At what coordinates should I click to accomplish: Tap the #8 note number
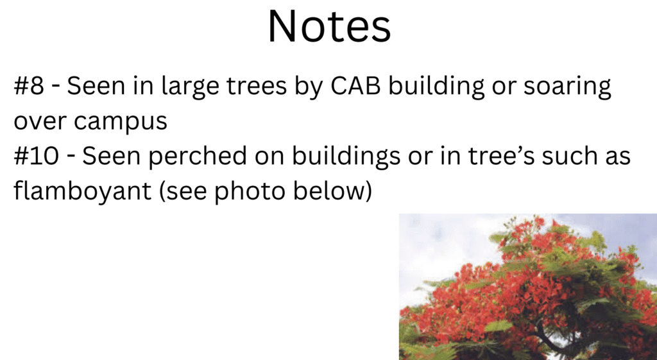click(x=29, y=85)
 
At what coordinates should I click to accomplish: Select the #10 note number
click(x=37, y=155)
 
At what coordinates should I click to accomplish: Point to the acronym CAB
click(x=355, y=85)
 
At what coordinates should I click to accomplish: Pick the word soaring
click(x=567, y=87)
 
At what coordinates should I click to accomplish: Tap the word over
click(x=40, y=121)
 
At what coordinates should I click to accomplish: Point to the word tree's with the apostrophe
click(x=501, y=156)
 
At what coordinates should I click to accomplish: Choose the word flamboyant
click(x=83, y=191)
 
